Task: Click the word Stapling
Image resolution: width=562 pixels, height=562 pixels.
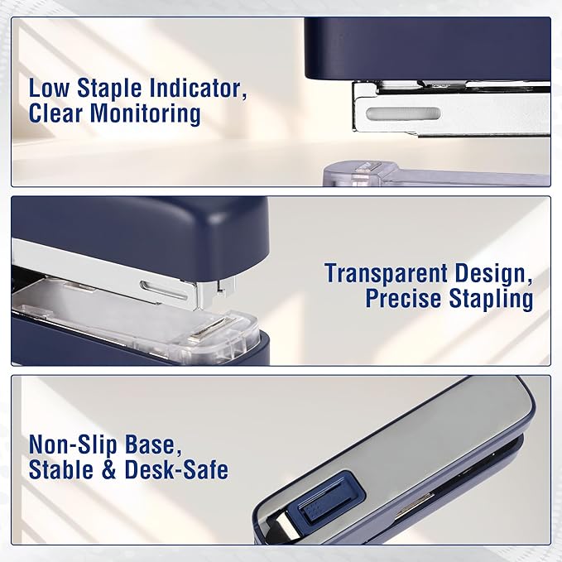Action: pyautogui.click(x=491, y=298)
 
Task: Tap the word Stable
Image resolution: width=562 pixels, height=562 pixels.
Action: pyautogui.click(x=63, y=470)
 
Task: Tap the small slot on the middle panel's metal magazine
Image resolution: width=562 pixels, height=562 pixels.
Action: pyautogui.click(x=158, y=287)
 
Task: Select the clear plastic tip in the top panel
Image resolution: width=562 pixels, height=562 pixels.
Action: pyautogui.click(x=357, y=173)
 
